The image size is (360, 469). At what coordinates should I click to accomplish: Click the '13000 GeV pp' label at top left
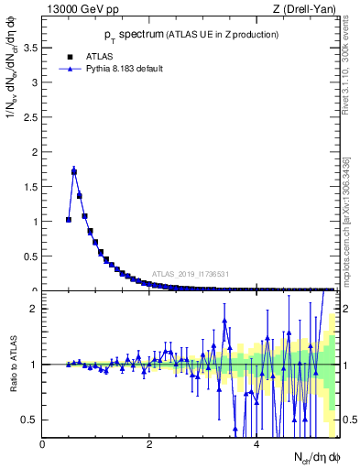(x=80, y=9)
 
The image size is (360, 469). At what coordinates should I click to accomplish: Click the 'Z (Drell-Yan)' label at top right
(x=304, y=9)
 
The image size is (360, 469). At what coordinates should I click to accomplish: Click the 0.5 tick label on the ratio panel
(x=30, y=420)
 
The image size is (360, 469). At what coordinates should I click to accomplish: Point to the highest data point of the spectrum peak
(x=74, y=171)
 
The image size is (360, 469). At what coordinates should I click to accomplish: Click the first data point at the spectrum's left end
(x=69, y=220)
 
